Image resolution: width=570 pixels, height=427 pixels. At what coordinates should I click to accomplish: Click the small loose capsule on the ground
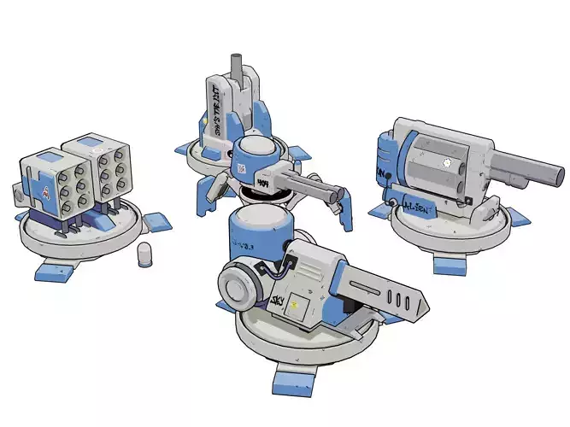pyautogui.click(x=146, y=254)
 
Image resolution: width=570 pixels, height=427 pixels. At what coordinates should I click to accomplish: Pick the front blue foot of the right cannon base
pyautogui.click(x=449, y=264)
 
